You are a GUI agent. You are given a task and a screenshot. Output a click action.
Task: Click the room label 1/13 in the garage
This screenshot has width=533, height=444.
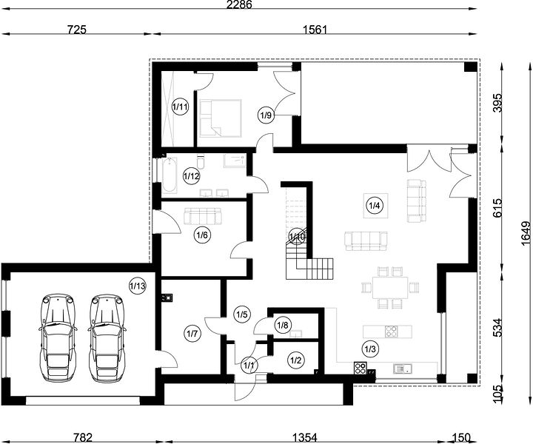138,286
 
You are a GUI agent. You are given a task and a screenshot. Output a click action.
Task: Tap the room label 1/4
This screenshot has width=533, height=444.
375,205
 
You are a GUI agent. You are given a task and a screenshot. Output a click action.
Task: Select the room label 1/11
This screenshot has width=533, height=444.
180,107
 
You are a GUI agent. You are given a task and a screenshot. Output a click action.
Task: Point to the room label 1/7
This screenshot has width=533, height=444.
192,334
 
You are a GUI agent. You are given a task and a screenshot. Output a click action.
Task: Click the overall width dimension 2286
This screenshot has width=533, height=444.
240,4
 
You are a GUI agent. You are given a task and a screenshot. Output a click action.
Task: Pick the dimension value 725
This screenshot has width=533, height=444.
76,30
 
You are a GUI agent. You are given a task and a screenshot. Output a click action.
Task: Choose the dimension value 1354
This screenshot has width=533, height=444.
304,437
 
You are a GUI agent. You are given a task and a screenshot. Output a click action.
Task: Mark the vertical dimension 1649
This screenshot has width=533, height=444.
526,233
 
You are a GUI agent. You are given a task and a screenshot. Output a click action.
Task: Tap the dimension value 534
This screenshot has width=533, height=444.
497,328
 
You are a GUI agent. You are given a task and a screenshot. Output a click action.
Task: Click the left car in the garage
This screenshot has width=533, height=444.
57,337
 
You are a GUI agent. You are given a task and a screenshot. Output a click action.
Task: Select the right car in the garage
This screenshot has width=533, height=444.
107,337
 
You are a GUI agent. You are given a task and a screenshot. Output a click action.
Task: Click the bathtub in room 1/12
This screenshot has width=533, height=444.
170,175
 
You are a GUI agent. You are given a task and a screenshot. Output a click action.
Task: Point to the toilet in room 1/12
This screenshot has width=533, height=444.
201,162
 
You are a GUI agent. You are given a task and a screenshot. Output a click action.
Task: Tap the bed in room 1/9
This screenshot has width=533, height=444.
221,118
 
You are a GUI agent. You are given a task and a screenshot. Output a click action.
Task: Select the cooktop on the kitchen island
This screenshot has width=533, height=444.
392,332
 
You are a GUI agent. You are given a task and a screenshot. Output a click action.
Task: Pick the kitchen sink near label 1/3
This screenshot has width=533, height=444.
403,369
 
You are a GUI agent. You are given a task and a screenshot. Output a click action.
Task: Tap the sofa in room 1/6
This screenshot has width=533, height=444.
203,216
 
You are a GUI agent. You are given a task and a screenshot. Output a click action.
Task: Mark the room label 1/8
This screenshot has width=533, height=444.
283,326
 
